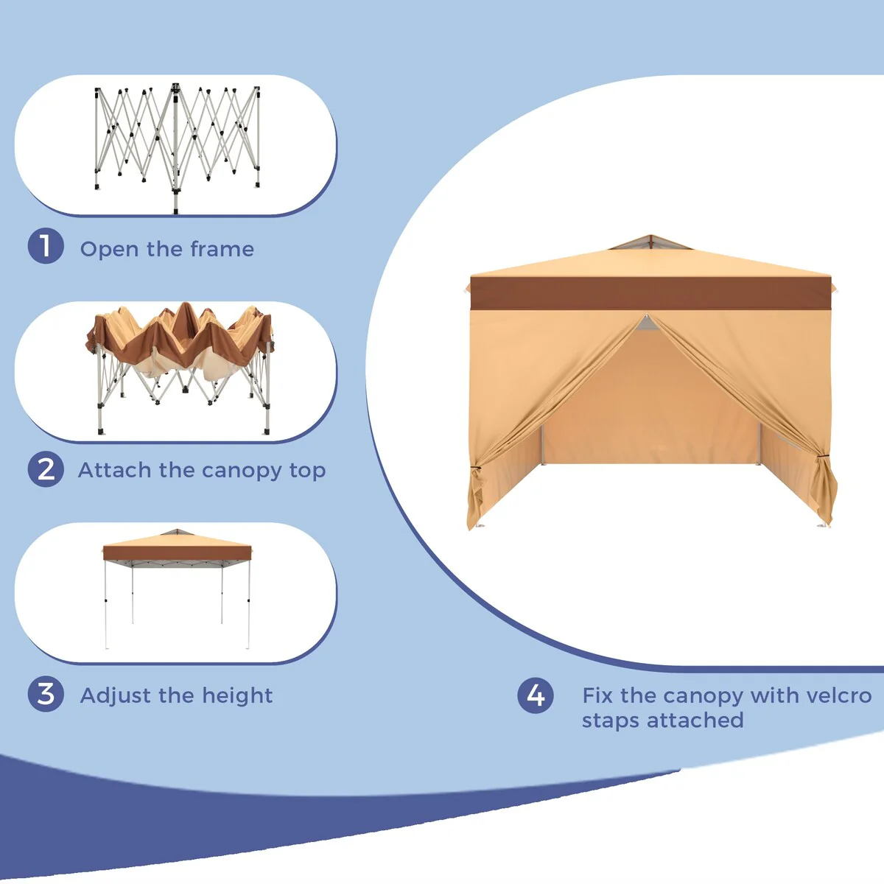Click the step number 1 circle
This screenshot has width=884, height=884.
tap(46, 246)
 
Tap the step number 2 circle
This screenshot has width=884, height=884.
tap(46, 469)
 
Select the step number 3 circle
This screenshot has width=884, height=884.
tap(46, 694)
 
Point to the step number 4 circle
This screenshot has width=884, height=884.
tap(536, 695)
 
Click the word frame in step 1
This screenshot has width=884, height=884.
tap(222, 249)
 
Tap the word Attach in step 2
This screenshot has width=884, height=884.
tap(115, 470)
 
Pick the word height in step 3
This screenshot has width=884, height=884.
tap(237, 696)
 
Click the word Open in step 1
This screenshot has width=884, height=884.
tap(109, 250)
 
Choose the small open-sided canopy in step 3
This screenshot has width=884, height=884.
tap(177, 589)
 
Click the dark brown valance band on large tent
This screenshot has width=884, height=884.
tap(651, 293)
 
